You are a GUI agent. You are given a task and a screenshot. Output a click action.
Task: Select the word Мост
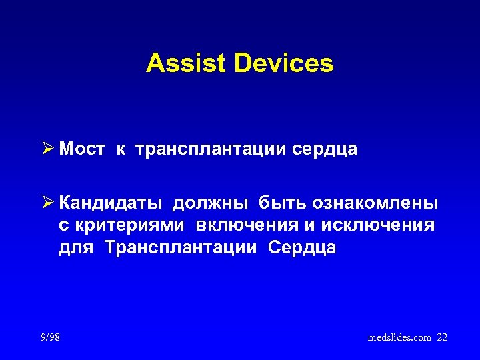[x=81, y=150]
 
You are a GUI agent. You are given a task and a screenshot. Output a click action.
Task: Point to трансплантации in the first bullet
[x=211, y=150]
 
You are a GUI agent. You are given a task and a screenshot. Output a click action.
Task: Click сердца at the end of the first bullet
[x=325, y=150]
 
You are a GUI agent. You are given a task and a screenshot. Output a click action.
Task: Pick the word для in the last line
[x=76, y=249]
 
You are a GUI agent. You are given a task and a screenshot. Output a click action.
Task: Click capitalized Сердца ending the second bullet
[x=302, y=249]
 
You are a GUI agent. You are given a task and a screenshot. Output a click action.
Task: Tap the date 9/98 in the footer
[x=49, y=337]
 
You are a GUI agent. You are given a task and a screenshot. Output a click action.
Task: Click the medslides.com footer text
[x=399, y=338]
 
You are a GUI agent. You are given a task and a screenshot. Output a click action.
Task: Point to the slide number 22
[x=442, y=338]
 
